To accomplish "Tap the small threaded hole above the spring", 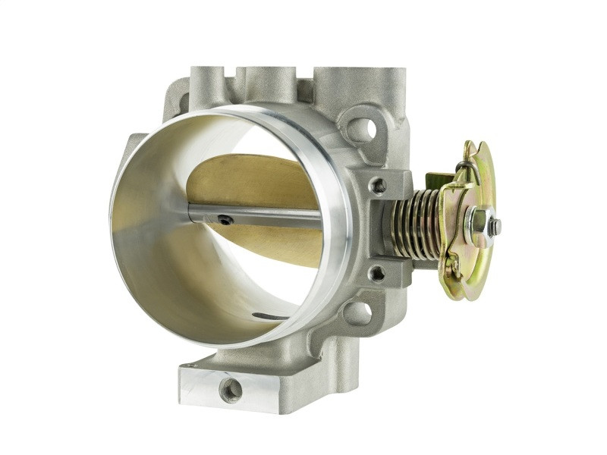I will (x=377, y=185).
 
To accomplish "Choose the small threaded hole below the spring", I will (x=376, y=272).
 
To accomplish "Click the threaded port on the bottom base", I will (x=230, y=390).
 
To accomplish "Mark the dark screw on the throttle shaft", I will (x=224, y=220).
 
